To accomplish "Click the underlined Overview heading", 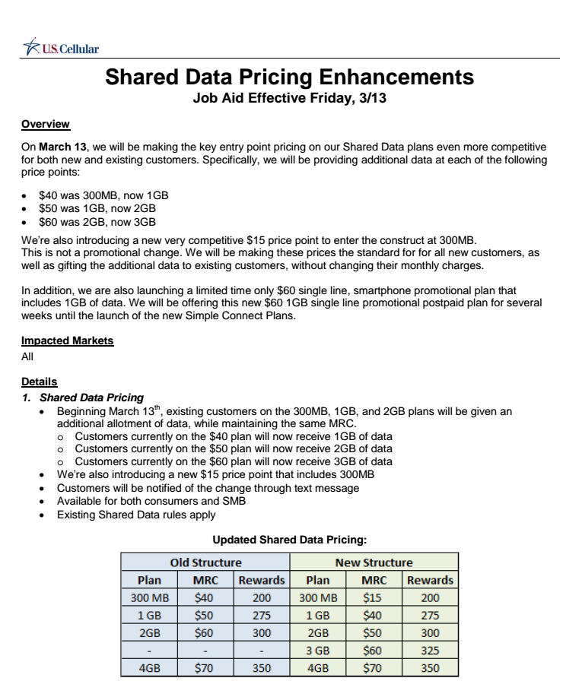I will (46, 124).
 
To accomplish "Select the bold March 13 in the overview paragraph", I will (63, 145).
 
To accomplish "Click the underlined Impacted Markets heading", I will (68, 341).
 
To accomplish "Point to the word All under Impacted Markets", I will (28, 355).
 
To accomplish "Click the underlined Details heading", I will (40, 382).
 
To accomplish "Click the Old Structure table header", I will (205, 563).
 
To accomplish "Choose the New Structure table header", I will (374, 563).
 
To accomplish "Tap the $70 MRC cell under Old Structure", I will (205, 669).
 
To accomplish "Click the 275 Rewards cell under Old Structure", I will (261, 616).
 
